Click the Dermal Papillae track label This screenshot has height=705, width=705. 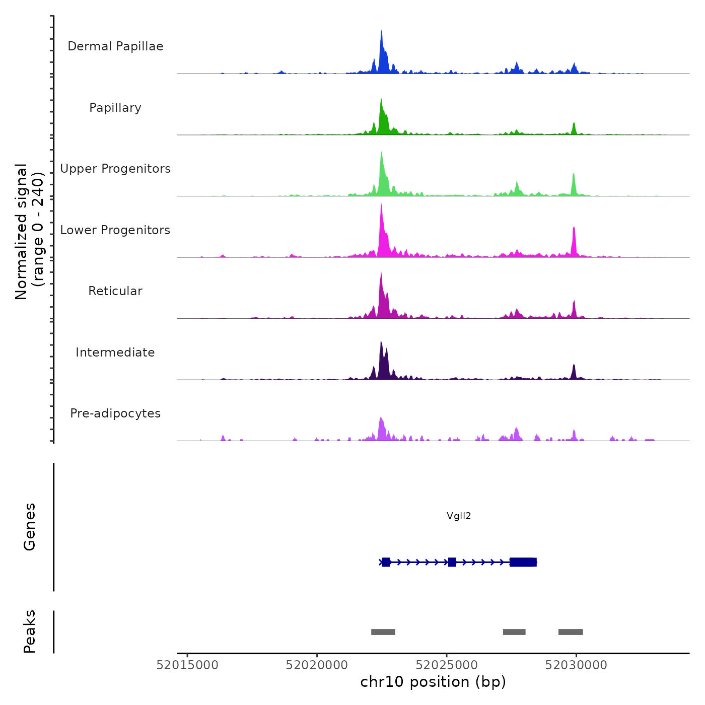click(115, 46)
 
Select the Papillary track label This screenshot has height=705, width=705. click(115, 108)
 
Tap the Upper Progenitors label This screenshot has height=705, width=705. click(115, 169)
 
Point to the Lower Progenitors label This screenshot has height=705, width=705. click(115, 230)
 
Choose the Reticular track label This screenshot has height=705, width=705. click(115, 291)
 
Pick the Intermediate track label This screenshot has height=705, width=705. click(115, 352)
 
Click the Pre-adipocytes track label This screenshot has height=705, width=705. click(115, 413)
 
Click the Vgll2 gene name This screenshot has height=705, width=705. click(459, 516)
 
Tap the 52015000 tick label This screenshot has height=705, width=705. click(187, 665)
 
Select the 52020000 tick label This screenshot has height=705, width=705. click(317, 665)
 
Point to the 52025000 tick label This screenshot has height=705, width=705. click(447, 665)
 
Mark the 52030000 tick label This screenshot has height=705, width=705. click(576, 665)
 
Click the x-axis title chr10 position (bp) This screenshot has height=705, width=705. click(433, 682)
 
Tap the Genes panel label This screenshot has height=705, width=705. click(29, 526)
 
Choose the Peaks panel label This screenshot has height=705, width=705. click(29, 631)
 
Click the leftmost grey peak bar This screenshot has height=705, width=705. click(383, 632)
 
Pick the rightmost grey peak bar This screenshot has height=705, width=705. click(571, 632)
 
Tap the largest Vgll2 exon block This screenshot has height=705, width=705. click(523, 562)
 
